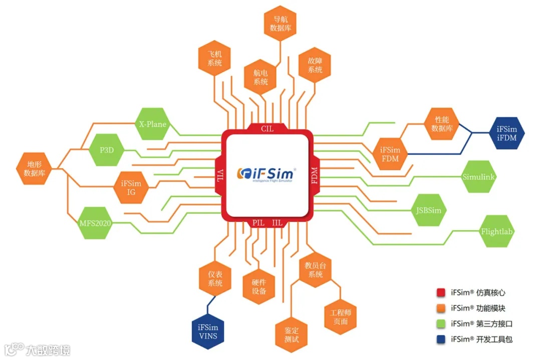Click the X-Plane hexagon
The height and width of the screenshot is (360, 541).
[x=152, y=124]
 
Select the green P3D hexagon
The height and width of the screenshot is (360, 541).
[x=106, y=150]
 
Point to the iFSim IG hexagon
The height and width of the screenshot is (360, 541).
[x=131, y=187]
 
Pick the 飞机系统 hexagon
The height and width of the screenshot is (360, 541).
[x=214, y=59]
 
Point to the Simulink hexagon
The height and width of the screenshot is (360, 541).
[x=479, y=177]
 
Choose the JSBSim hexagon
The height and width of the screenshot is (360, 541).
[x=429, y=210]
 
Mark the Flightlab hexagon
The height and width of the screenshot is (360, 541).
[x=497, y=231]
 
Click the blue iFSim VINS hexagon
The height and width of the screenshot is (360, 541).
[x=207, y=331]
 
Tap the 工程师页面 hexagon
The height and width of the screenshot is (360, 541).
[x=340, y=317]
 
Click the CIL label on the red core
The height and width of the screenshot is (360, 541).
[x=267, y=129]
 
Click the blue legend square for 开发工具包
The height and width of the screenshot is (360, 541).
[x=441, y=339]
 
